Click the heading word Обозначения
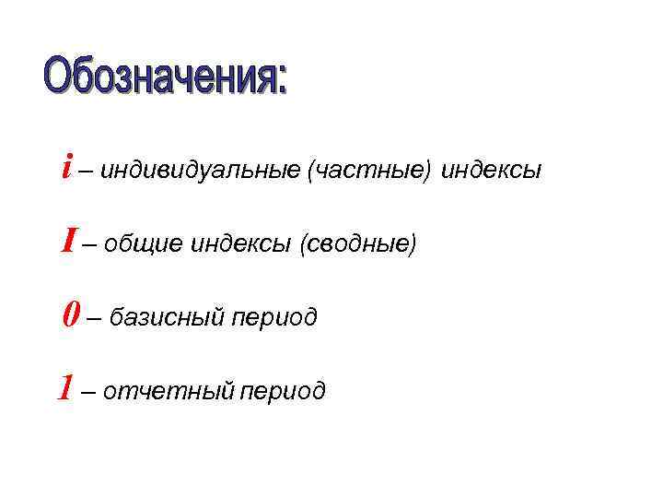click(x=157, y=77)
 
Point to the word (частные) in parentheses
click(x=369, y=172)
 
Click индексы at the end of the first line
click(x=492, y=172)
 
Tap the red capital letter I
click(x=67, y=241)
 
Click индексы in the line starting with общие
click(x=240, y=245)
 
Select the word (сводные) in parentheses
click(x=358, y=245)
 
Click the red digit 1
click(x=64, y=388)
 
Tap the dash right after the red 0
click(x=94, y=319)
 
